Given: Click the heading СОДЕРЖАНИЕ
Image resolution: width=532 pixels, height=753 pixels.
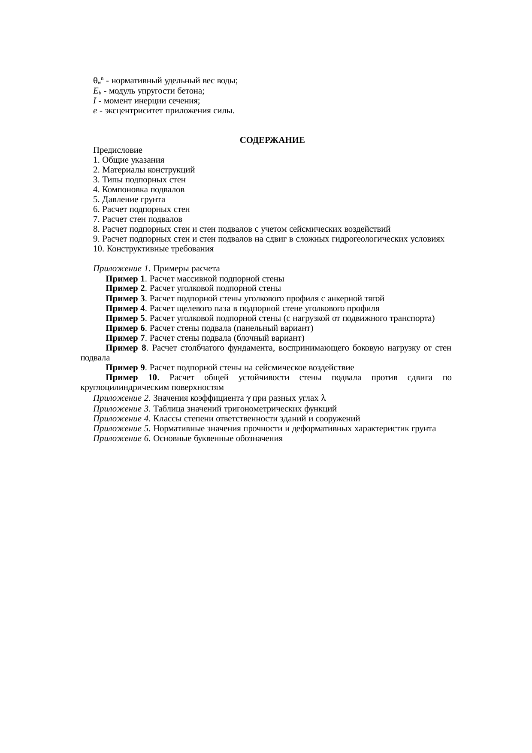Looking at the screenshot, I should click(x=272, y=140).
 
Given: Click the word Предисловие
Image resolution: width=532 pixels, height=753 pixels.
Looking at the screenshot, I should click(x=118, y=150).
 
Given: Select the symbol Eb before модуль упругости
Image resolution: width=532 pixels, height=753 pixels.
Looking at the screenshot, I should click(x=97, y=91).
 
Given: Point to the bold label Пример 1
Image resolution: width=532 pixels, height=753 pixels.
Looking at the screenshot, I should click(x=125, y=278).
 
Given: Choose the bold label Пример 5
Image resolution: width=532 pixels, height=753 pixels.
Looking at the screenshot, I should click(x=125, y=318).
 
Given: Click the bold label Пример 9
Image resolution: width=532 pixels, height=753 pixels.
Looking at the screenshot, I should click(x=125, y=368).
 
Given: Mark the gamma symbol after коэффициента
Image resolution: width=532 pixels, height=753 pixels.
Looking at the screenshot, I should click(x=248, y=398).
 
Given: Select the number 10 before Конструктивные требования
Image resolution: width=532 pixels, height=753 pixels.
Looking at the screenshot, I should click(x=97, y=249).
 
